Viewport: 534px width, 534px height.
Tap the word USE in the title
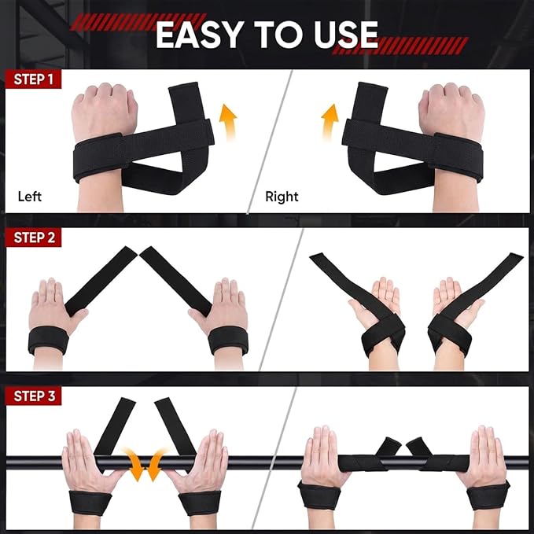click(346, 35)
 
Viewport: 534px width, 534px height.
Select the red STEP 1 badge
click(33, 79)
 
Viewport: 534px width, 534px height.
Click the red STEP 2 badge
click(34, 238)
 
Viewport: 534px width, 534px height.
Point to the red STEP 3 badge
click(34, 396)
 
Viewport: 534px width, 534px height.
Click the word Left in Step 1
click(30, 197)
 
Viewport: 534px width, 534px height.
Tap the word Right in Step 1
click(282, 197)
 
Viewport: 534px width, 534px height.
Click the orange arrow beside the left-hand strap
click(229, 122)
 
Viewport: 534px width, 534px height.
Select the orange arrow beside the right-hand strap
click(330, 122)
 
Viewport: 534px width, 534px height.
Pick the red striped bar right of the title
click(400, 46)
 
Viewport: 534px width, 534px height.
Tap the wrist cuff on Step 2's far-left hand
click(48, 340)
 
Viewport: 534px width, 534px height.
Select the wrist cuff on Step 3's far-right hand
click(488, 495)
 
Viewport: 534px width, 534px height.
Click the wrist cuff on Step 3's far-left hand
click(90, 503)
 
